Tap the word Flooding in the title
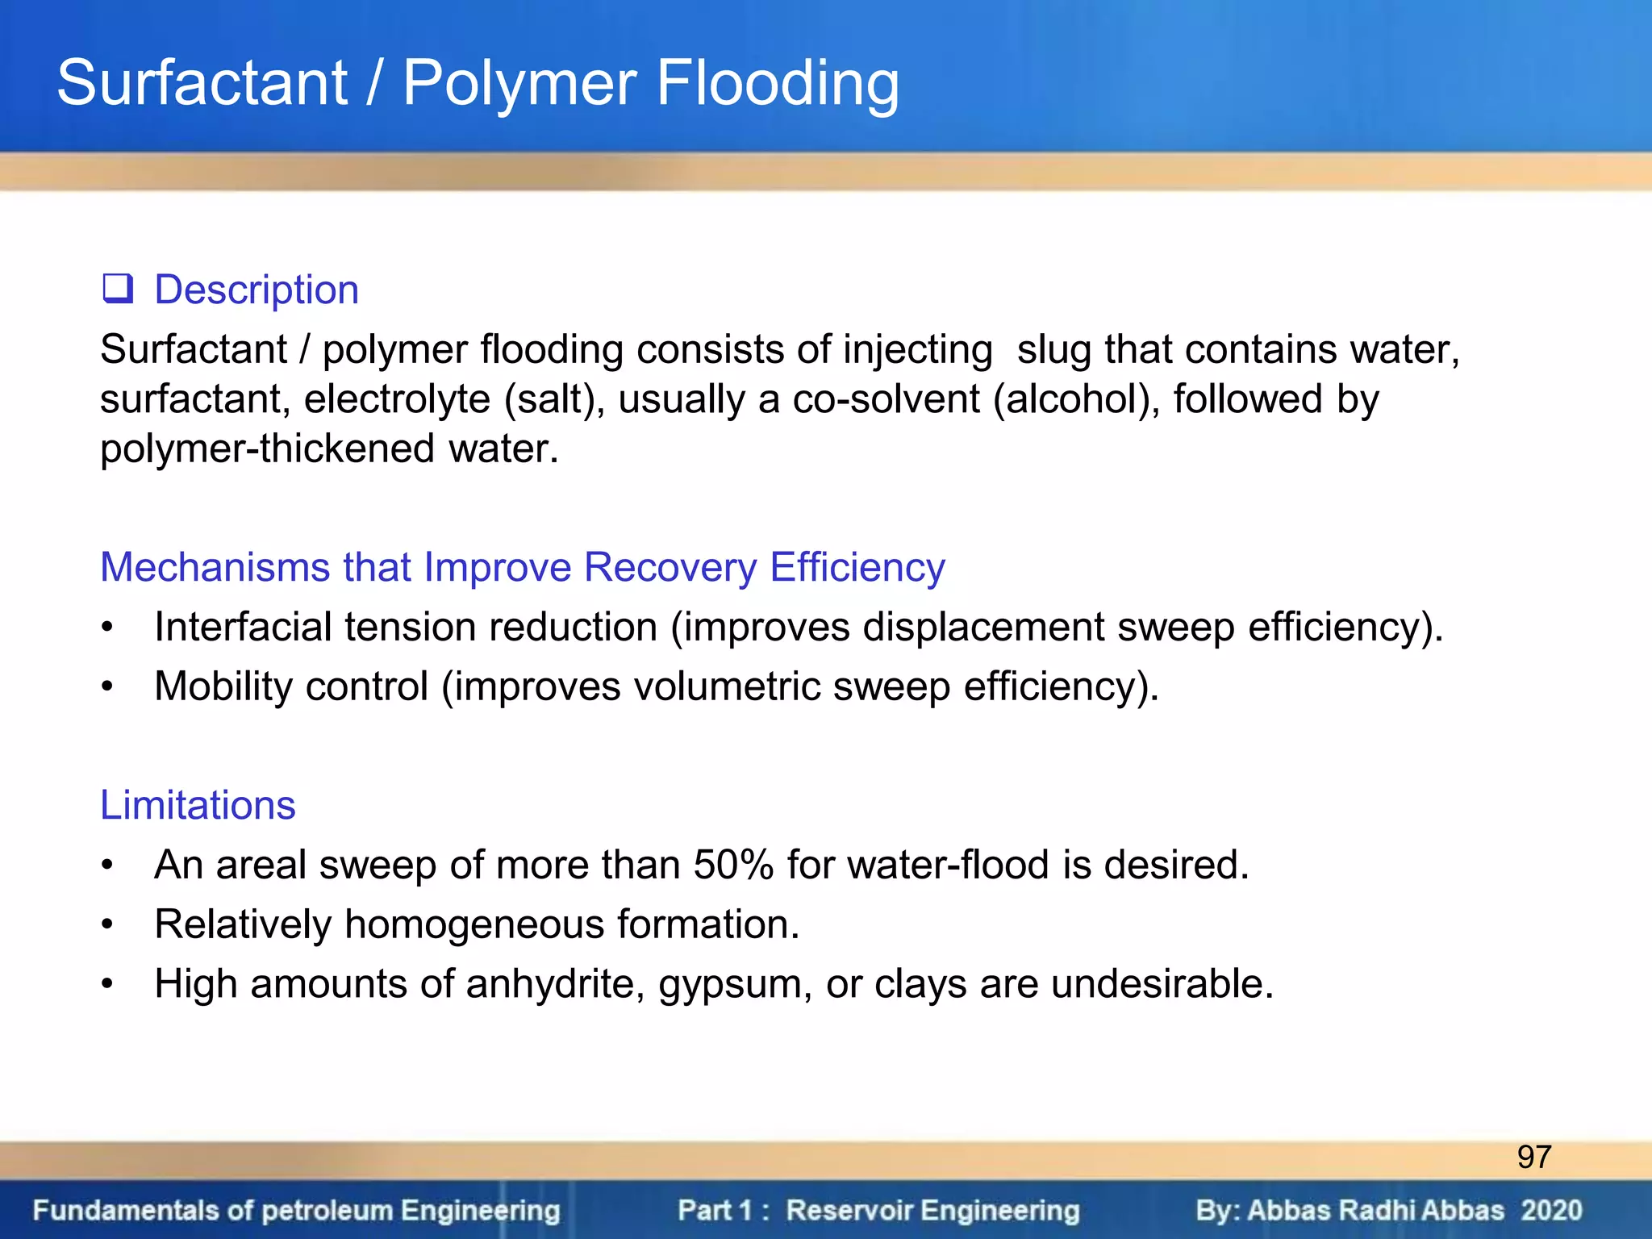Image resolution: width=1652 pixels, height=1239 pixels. tap(778, 83)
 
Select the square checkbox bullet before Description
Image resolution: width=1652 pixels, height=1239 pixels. tap(117, 288)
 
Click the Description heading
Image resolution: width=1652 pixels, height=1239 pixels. tap(257, 290)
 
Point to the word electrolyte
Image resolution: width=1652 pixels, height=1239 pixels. tap(397, 399)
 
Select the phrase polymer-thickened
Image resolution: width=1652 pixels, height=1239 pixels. tap(268, 448)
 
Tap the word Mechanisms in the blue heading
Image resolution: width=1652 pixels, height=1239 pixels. tap(215, 567)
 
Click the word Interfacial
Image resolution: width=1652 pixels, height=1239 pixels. tap(243, 627)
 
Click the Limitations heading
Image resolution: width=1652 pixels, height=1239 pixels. tap(198, 805)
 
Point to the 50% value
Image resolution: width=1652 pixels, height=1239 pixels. tap(733, 865)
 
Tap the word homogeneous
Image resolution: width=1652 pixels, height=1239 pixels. tap(474, 924)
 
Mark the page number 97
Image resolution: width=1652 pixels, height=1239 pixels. tap(1533, 1157)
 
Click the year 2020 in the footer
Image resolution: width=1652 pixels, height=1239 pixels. tap(1551, 1210)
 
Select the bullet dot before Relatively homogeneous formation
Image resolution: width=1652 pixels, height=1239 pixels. tap(108, 924)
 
